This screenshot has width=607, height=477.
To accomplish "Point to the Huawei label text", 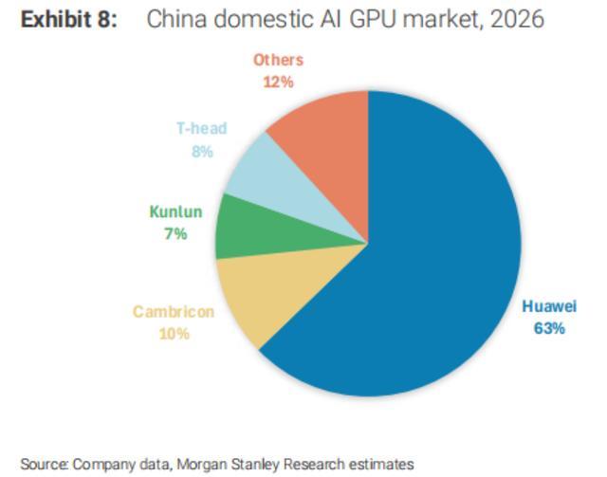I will pyautogui.click(x=549, y=307).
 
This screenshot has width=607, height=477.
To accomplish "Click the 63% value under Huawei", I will pyautogui.click(x=549, y=328).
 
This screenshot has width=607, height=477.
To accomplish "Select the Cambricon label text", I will pyautogui.click(x=173, y=312).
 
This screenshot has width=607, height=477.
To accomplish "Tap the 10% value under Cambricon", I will pyautogui.click(x=174, y=333).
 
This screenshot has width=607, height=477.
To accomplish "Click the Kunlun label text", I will pyautogui.click(x=175, y=212).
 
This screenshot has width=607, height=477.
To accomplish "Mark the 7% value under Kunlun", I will pyautogui.click(x=175, y=233).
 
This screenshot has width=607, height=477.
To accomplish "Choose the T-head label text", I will pyautogui.click(x=202, y=129).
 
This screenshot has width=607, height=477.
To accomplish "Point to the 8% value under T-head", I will pyautogui.click(x=202, y=151).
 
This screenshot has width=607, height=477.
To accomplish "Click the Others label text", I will pyautogui.click(x=278, y=60).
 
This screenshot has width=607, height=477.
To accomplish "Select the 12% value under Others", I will pyautogui.click(x=278, y=82).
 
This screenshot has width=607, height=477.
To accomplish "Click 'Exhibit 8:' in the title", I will pyautogui.click(x=69, y=20).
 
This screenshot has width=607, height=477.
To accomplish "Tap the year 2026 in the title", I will pyautogui.click(x=517, y=20).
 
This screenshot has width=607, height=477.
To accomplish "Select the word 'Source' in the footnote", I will pyautogui.click(x=44, y=464).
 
